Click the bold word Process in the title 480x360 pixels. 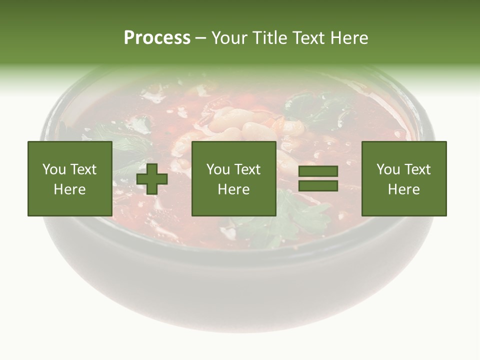157,38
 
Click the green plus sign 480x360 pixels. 152,179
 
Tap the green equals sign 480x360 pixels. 318,178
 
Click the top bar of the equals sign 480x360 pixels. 318,172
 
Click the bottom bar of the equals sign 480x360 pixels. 318,185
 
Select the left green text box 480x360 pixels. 69,178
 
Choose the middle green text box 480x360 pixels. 233,178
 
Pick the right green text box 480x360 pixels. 403,178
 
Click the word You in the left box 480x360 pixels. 53,169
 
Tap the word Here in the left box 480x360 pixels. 69,189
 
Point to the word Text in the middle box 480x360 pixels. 248,169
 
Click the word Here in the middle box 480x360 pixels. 233,189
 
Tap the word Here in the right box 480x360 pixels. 403,189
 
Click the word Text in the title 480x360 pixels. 308,38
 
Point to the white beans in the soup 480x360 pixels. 235,125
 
